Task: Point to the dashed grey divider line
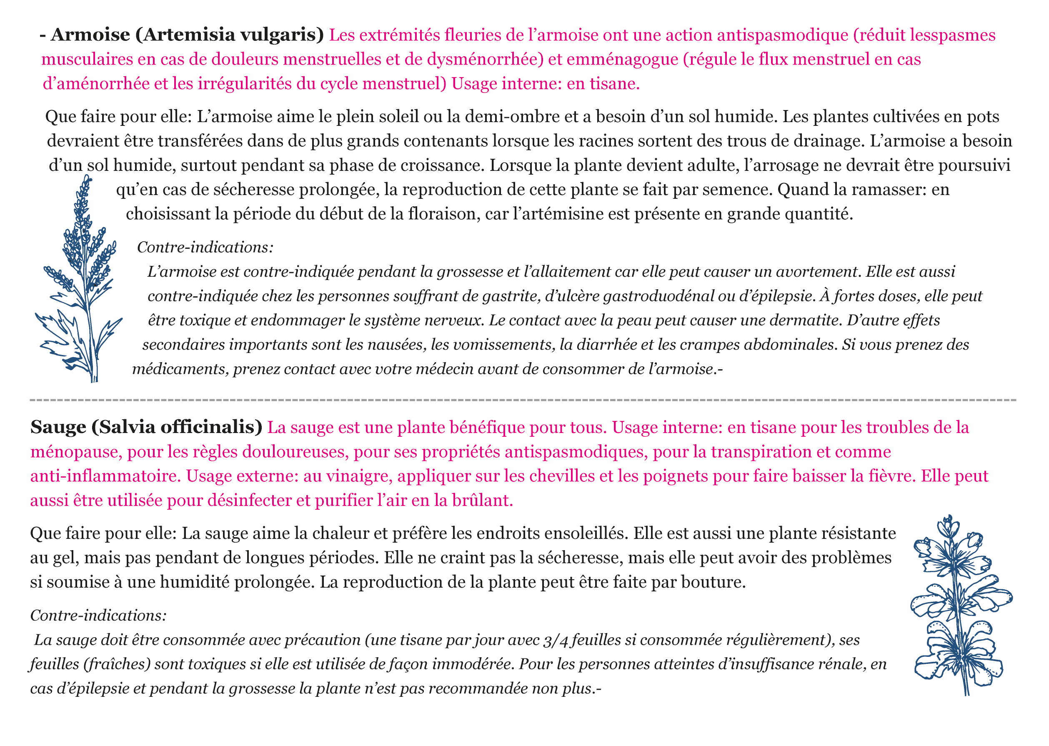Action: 523,400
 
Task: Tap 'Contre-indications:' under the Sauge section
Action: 98,616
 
